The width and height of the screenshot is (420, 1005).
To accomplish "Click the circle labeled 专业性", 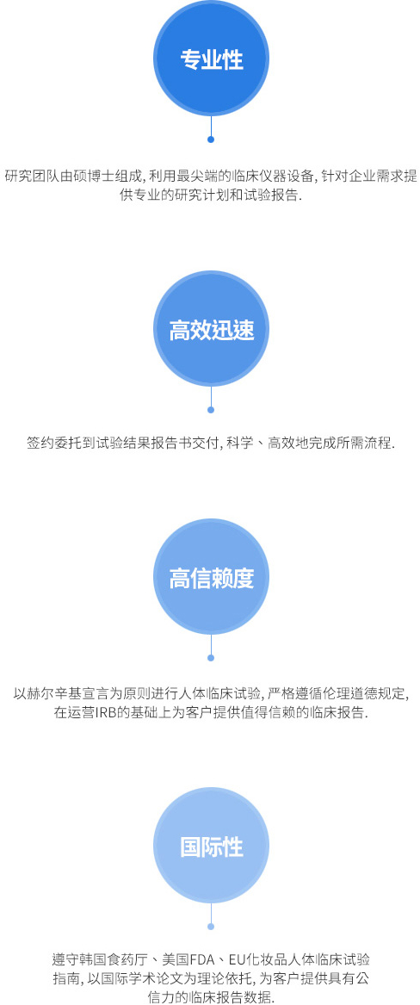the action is pos(211,59).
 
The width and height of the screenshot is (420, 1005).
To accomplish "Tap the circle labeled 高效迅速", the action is pos(211,330).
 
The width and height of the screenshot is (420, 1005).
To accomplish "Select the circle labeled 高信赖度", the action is pos(211,577).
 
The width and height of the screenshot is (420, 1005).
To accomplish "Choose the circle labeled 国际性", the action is pos(211,846).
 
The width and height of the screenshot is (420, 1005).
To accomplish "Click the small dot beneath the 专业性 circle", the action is pos(211,140).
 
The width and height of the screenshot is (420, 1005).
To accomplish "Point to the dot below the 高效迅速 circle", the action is pos(211,410).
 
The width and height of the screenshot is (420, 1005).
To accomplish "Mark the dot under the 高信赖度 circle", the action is pos(211,658).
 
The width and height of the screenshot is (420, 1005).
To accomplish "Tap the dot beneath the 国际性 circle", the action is pos(211,927).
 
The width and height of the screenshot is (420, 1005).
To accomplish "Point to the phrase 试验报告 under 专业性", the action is pos(271,195).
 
